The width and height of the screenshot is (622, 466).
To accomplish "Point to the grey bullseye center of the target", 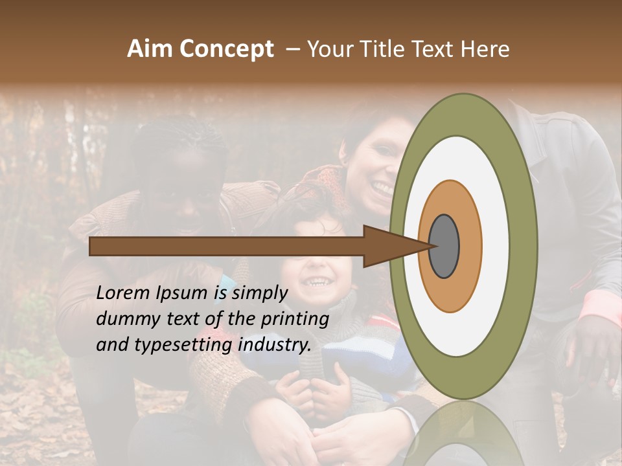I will [444, 246].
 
